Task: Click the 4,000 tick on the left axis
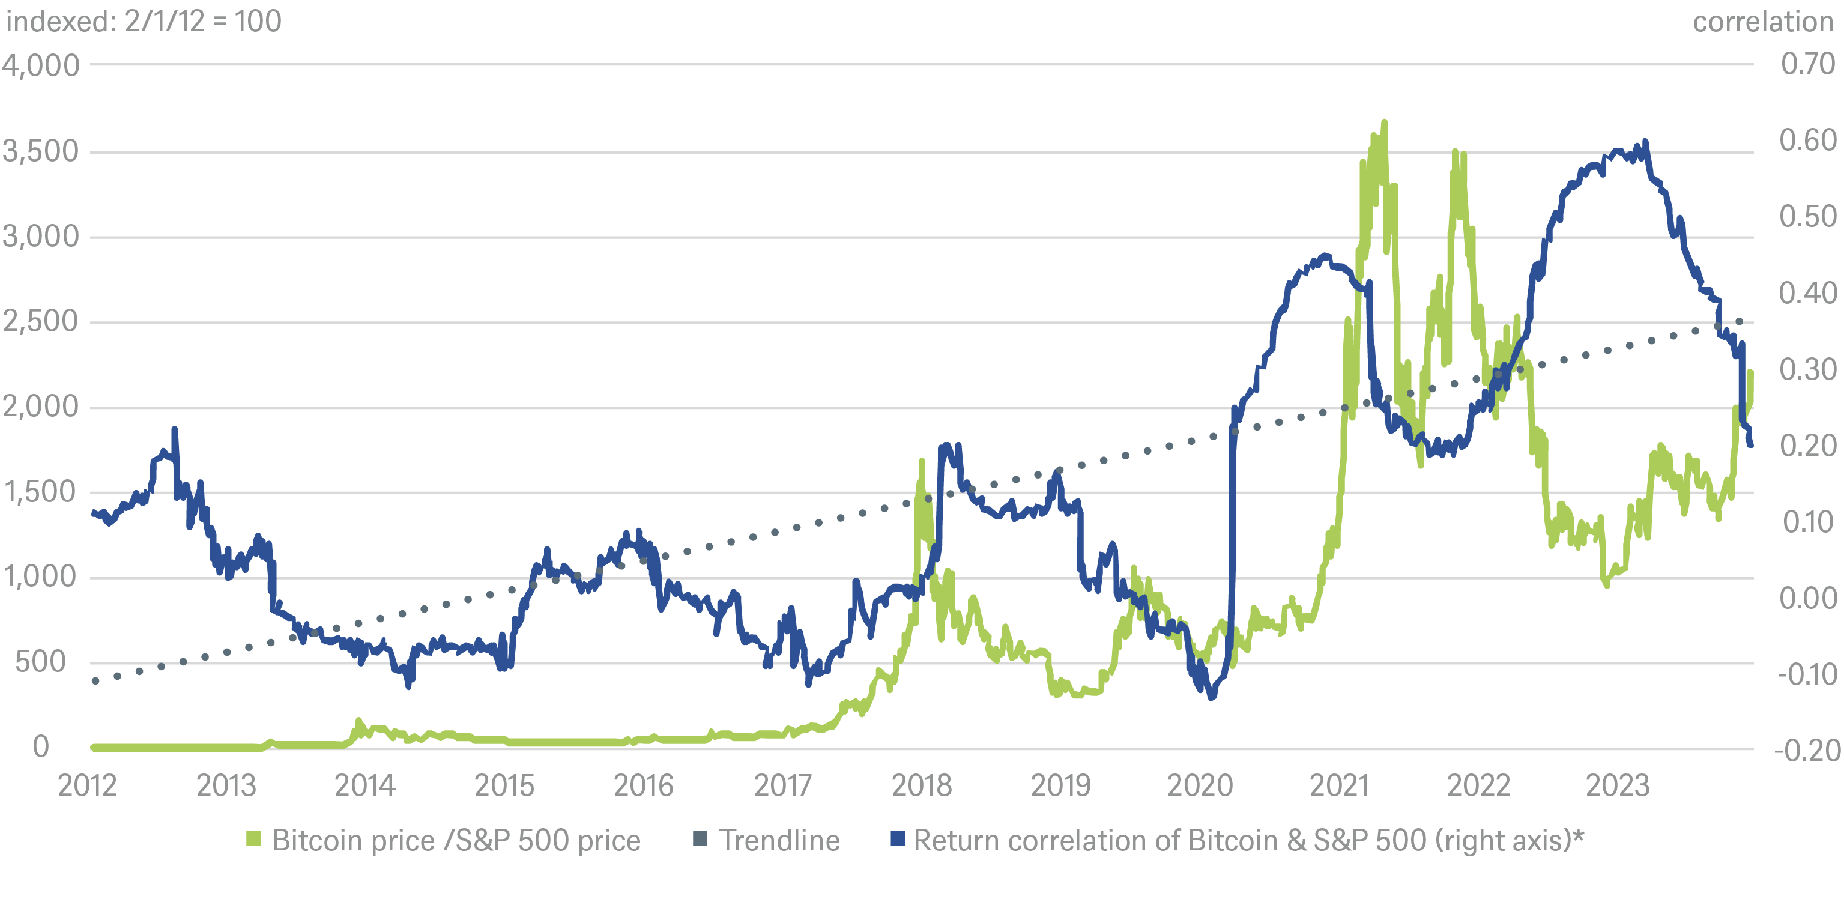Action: tap(41, 65)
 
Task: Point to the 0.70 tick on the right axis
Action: tap(1807, 64)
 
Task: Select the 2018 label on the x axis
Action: tap(921, 785)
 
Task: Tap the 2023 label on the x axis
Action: tap(1617, 785)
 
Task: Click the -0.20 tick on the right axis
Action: tap(1806, 751)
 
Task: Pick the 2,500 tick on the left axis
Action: tap(41, 321)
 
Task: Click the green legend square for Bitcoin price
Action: tap(253, 838)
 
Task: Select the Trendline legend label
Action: tap(779, 840)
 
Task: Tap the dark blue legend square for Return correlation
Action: tap(897, 838)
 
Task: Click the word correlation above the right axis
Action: tap(1762, 22)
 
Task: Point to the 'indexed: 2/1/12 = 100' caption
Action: tap(143, 22)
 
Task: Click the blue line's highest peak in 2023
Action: tap(1645, 142)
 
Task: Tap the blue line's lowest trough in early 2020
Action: tap(1211, 697)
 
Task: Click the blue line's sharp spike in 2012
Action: tap(175, 429)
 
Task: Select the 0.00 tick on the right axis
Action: tap(1807, 598)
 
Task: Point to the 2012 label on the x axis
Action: tap(86, 785)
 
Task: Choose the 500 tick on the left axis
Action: tap(41, 662)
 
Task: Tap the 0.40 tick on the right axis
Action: tap(1807, 293)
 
